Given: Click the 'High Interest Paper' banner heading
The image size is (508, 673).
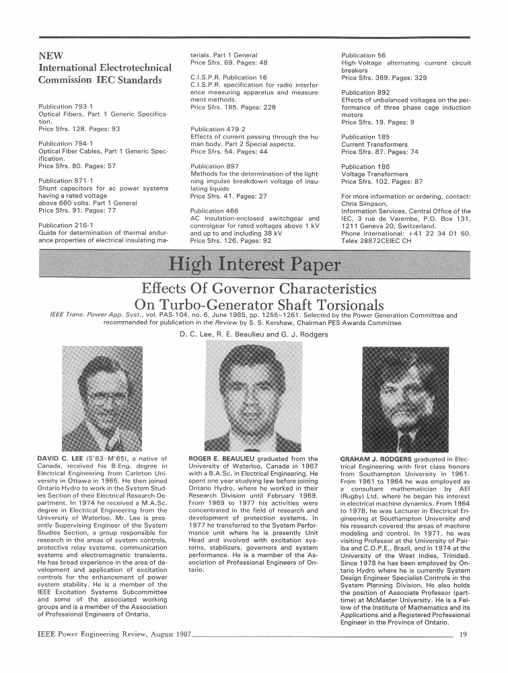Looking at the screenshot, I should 254,264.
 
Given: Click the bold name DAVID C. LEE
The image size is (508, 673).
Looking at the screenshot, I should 67,459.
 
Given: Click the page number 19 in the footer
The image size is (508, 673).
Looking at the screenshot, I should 464,633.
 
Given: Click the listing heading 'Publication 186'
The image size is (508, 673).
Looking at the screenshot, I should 365,166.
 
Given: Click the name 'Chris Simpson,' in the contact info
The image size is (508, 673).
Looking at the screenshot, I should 364,203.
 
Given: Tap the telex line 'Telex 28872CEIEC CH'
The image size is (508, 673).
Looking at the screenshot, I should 381,240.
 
